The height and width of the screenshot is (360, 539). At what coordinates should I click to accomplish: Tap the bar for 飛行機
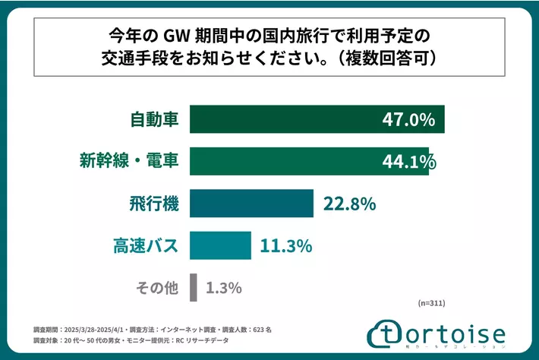click(x=251, y=204)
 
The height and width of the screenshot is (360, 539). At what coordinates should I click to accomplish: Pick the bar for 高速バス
click(x=220, y=245)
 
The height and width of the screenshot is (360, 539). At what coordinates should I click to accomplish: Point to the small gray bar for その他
click(x=194, y=287)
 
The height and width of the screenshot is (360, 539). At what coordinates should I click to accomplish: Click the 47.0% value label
click(x=409, y=119)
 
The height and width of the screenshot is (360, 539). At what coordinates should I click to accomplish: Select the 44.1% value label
click(x=409, y=161)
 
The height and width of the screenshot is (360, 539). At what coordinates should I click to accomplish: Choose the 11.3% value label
click(x=287, y=245)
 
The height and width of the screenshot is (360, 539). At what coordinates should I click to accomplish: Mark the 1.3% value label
click(x=225, y=287)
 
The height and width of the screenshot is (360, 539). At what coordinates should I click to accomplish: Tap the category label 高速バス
click(x=144, y=245)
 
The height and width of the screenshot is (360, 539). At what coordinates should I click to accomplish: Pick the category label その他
click(x=156, y=287)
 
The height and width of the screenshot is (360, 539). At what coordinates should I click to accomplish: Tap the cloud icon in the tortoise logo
click(x=386, y=334)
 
